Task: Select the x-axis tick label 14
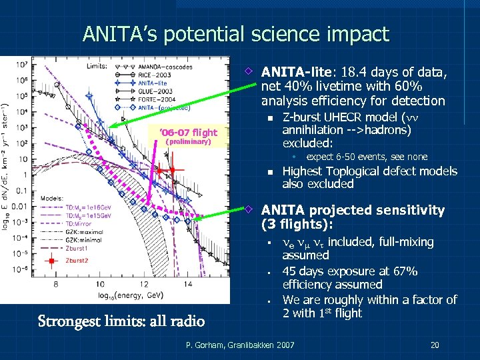point(189,284)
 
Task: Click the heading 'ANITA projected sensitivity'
point(353,210)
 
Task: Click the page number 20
point(435,345)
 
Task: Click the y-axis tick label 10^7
point(21,65)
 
